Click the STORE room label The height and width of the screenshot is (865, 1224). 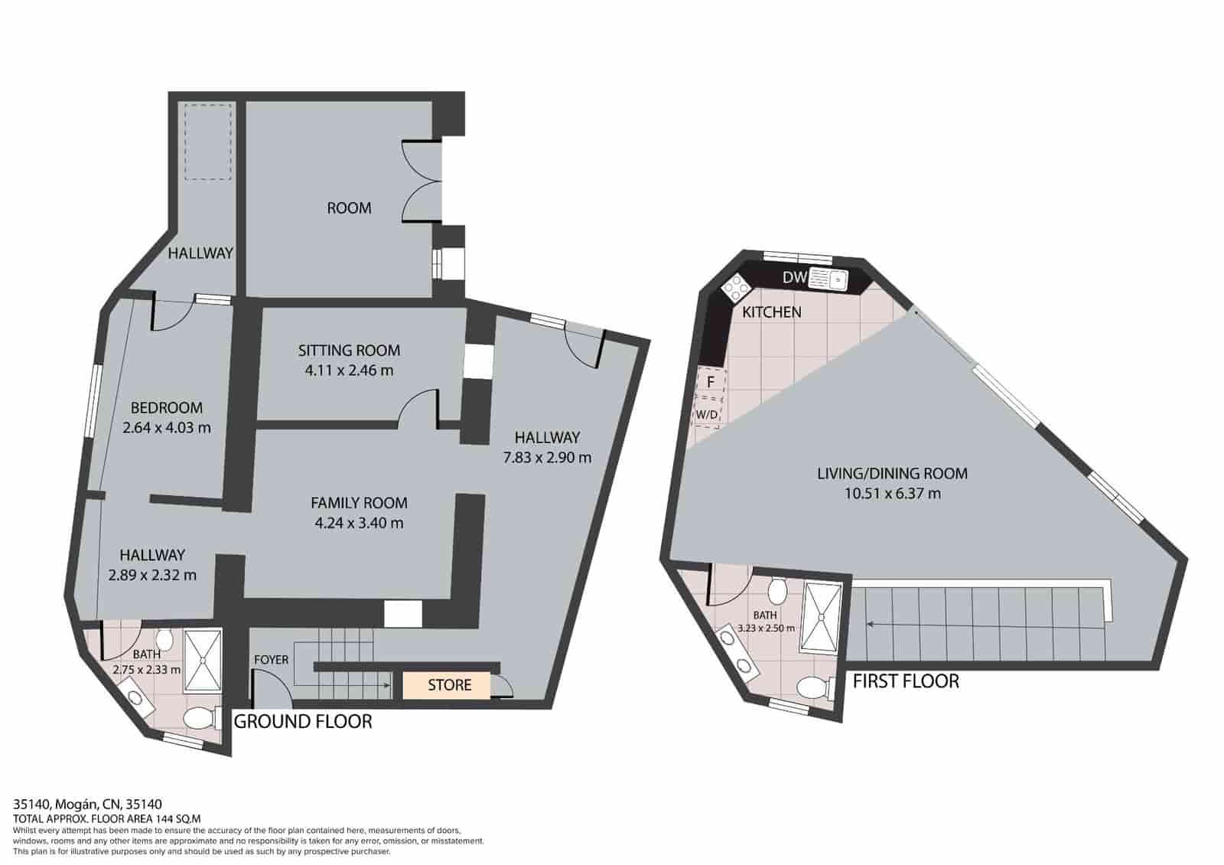[449, 684]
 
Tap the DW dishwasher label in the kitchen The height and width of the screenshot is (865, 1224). [794, 277]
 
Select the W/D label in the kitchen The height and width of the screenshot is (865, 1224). [707, 415]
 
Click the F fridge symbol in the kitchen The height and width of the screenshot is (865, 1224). [710, 381]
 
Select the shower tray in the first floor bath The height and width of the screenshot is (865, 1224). [822, 617]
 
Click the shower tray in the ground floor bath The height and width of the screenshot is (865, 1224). [203, 659]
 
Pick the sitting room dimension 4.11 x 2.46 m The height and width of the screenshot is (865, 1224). [349, 370]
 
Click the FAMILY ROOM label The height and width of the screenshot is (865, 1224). [359, 503]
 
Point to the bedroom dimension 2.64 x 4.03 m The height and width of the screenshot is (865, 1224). [166, 428]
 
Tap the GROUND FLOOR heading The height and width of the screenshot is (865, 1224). [302, 721]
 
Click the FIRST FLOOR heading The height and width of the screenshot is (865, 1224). [905, 681]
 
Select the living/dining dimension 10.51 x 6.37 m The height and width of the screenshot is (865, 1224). [892, 494]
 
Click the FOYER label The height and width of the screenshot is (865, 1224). [271, 659]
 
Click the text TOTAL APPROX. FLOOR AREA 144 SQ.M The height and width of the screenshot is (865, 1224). [106, 818]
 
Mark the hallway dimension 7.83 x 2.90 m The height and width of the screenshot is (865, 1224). [547, 458]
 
